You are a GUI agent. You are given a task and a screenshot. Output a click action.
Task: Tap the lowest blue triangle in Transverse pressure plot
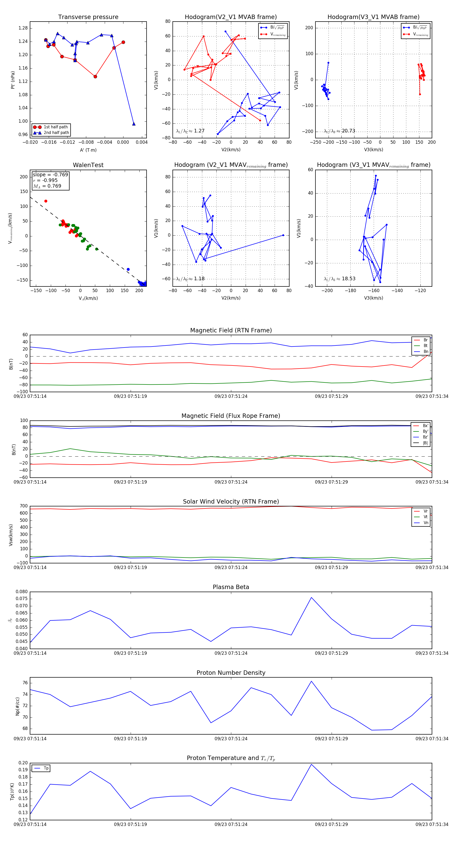[x=133, y=124]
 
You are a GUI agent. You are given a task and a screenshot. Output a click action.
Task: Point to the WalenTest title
[x=88, y=165]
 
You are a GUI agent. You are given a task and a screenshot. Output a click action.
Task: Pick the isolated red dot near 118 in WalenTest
[x=46, y=201]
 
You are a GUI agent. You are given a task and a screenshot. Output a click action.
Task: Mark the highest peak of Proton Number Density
[x=311, y=681]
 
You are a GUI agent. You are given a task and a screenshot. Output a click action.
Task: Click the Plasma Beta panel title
[x=231, y=587]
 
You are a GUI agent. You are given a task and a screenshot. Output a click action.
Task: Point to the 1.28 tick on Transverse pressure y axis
[x=23, y=28]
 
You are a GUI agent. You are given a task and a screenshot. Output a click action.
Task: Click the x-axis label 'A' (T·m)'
[x=88, y=150]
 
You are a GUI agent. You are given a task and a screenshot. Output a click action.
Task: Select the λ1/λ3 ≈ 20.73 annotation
[x=339, y=131]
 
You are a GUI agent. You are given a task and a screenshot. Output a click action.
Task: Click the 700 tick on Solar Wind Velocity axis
[x=24, y=506]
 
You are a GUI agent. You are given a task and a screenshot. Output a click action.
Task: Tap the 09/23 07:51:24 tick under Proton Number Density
[x=231, y=738]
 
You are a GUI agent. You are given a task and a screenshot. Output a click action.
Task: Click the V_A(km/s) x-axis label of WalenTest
[x=88, y=298]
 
